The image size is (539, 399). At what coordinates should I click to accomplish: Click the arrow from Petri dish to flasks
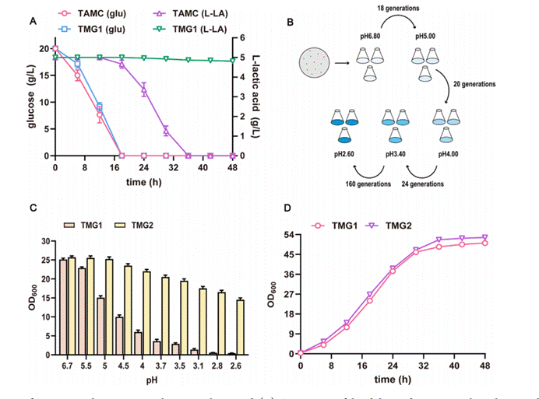[x=340, y=58]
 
